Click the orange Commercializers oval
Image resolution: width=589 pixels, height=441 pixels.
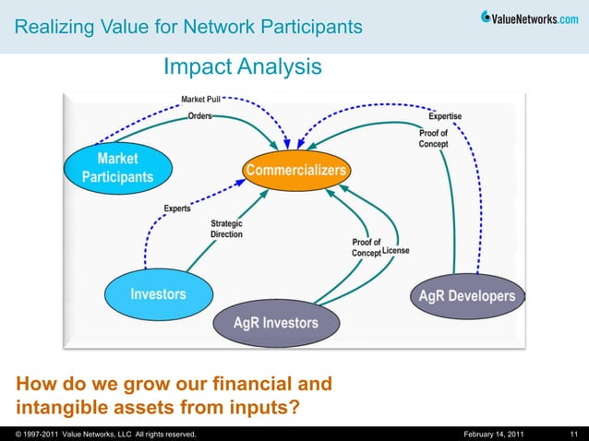click(296, 171)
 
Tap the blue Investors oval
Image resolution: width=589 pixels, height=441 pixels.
click(158, 294)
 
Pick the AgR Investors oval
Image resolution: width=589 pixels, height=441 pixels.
click(275, 323)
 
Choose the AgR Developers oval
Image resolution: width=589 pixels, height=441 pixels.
click(467, 296)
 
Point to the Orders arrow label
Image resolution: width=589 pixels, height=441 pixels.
click(199, 116)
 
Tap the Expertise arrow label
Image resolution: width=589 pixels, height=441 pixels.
click(445, 116)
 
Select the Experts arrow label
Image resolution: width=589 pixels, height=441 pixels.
click(177, 209)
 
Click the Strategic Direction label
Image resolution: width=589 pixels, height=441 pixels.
click(226, 229)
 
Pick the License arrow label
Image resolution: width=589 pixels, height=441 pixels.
click(396, 251)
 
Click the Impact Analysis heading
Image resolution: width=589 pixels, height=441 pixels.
click(243, 67)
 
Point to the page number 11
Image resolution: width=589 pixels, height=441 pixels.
click(573, 434)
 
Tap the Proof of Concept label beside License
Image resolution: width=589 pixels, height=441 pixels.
click(366, 248)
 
